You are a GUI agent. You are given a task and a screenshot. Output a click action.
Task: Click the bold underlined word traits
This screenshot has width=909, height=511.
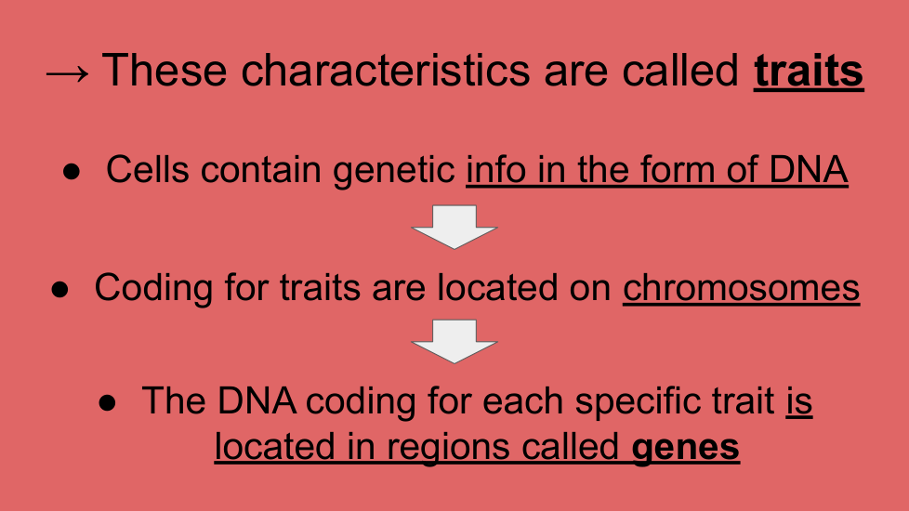coord(809,71)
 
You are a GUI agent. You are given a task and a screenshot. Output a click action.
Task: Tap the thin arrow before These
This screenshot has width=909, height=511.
coord(67,73)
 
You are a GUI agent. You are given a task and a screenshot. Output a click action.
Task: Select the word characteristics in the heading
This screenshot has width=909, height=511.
coord(385,71)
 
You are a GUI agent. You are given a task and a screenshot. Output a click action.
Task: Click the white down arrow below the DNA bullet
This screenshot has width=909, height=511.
coord(454,227)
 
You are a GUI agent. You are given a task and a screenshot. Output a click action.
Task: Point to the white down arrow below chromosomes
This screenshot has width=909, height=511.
coord(454,341)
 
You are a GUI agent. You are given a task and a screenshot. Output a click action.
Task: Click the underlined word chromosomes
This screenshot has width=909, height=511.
coord(742,287)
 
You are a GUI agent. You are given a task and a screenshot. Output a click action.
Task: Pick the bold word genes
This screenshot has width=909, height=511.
coord(685,447)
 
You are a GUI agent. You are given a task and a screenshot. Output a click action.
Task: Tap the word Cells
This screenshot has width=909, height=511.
coord(148,170)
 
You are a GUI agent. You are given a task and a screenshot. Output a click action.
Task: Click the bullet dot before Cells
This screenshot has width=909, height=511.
coord(72,172)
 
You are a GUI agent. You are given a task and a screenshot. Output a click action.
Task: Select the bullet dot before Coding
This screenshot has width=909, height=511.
coord(59,289)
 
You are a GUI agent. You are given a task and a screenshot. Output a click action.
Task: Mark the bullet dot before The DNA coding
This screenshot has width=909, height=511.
coord(107,402)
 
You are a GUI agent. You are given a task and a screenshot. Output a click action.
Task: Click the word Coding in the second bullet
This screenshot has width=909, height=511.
coord(153,289)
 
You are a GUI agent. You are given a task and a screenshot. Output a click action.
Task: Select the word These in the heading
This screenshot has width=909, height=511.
coord(165,71)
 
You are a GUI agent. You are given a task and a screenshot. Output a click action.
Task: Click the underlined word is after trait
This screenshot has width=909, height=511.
coord(799,401)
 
